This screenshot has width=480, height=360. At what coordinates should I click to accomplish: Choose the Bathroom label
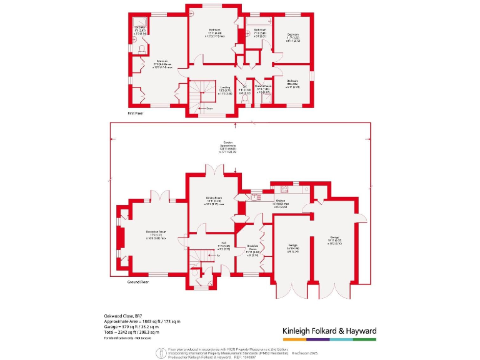coord(260,30)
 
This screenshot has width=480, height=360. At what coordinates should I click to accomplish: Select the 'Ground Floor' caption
coord(138,282)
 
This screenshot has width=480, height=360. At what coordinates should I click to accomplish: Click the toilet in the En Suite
coord(143,49)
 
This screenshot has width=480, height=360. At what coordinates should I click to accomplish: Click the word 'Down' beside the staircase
coord(209,108)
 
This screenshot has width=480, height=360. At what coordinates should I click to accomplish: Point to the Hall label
coord(212,244)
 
